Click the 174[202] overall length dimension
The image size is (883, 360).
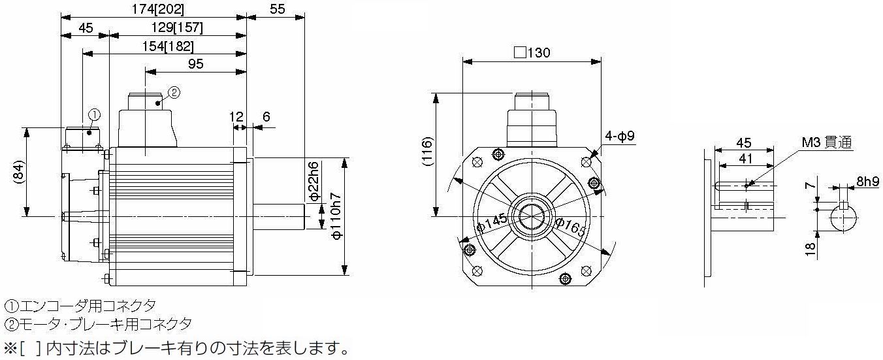tap(157, 9)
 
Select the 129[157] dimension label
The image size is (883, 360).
tap(177, 27)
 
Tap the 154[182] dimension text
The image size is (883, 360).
tap(168, 46)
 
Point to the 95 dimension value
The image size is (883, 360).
tap(195, 64)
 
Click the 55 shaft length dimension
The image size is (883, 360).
tap(277, 9)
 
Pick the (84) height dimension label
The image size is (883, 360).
tap(19, 172)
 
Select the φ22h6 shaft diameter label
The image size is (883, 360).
tap(313, 181)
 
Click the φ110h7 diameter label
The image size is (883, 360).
tap(336, 216)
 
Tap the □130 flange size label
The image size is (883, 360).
tap(532, 53)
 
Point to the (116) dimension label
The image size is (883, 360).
tap(427, 150)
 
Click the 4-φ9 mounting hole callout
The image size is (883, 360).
tap(620, 136)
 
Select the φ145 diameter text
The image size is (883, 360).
tap(492, 223)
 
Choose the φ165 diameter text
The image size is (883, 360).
tap(571, 227)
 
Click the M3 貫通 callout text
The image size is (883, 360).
tap(827, 142)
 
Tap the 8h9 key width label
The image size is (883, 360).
tap(867, 182)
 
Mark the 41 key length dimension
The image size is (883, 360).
tap(745, 159)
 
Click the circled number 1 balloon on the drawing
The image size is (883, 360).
tap(94, 115)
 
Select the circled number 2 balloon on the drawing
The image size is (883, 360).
tap(174, 92)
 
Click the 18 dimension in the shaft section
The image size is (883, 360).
tap(811, 249)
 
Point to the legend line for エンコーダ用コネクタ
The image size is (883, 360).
tap(80, 305)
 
